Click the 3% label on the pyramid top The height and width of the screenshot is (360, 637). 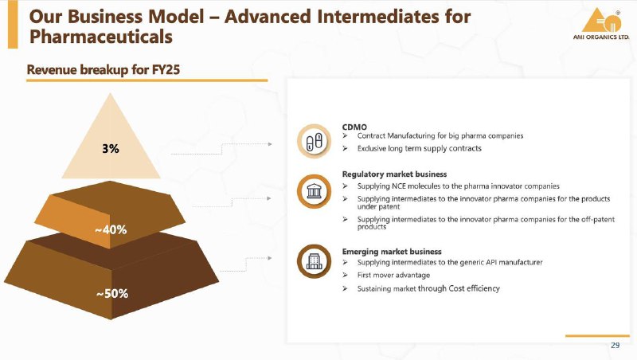[111, 149]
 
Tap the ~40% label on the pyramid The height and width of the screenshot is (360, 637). [111, 230]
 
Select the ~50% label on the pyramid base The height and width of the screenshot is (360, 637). [112, 293]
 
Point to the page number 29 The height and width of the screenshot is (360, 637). [615, 345]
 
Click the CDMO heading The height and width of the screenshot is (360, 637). [354, 127]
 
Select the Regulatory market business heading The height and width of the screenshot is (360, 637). [394, 174]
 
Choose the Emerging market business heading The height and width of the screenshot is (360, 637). [392, 252]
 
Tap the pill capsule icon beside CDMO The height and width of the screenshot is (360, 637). [314, 141]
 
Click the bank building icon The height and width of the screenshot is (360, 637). [314, 191]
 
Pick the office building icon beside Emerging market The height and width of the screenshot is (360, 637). [314, 262]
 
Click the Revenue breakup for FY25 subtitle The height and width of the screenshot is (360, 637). [104, 70]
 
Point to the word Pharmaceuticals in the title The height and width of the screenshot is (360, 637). [101, 37]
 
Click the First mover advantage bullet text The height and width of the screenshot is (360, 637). [393, 275]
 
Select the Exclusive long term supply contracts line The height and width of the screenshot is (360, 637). [420, 148]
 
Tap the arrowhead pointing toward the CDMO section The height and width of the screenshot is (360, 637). [270, 144]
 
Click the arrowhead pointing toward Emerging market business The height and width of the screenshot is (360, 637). [270, 258]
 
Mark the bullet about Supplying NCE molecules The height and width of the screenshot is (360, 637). [459, 186]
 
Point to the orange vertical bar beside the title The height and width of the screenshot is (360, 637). [13, 25]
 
